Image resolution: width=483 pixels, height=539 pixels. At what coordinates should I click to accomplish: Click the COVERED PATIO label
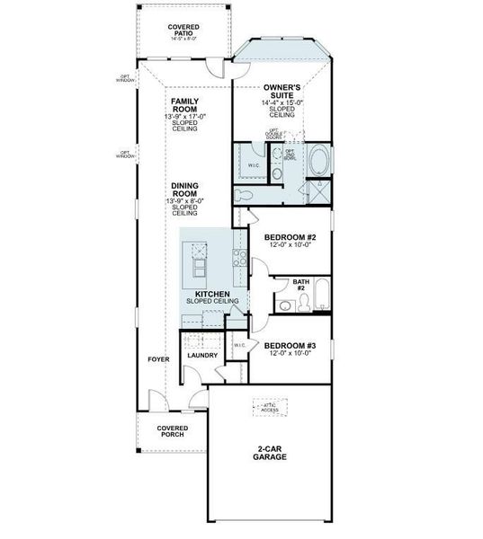(x=183, y=31)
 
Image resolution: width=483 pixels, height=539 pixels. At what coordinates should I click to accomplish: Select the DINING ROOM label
(x=183, y=190)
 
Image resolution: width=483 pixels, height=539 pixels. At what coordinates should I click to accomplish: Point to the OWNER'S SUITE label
(x=281, y=92)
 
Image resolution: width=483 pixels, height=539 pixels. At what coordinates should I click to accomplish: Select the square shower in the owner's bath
(x=318, y=191)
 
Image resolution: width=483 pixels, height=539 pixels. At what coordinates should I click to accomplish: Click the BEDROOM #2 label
(x=290, y=238)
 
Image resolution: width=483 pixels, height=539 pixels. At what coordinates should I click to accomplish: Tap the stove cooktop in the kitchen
(x=240, y=260)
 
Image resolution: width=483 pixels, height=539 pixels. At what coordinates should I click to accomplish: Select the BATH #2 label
(x=301, y=285)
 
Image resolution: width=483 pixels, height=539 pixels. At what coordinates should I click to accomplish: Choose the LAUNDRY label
(x=202, y=355)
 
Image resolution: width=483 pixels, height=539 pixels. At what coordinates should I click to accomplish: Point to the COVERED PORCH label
(x=171, y=431)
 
